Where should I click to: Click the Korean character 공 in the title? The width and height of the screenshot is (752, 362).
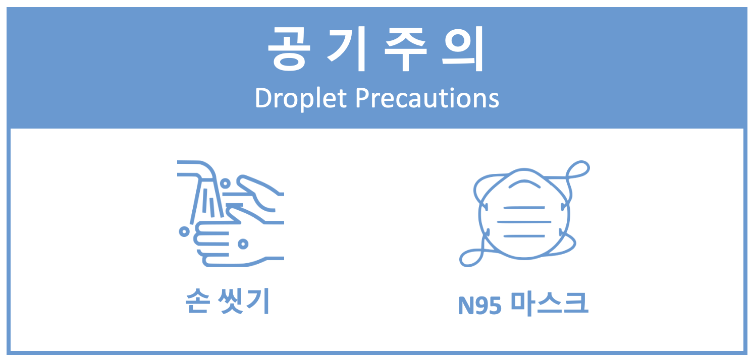point(289,49)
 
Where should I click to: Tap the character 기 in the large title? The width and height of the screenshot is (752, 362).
point(346,49)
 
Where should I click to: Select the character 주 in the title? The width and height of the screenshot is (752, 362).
point(406,49)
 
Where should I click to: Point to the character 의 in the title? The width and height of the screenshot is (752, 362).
point(463,49)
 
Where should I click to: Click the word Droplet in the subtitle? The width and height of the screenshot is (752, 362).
point(301,99)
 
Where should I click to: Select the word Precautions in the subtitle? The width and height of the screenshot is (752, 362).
point(427,98)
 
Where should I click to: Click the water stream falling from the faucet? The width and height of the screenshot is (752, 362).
point(207,201)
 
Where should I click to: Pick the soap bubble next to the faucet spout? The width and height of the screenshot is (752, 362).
point(225,184)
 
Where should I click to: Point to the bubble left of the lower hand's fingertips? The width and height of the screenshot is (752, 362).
point(184,231)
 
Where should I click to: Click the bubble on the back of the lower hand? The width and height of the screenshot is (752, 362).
point(243,244)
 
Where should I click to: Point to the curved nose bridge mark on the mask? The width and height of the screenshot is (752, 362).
point(524,184)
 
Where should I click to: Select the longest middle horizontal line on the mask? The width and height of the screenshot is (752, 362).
point(524,222)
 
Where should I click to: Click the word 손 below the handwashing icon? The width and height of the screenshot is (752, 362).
point(198,301)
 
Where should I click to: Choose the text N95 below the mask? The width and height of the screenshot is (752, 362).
point(480,306)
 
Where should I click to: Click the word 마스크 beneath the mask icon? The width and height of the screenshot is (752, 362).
point(549,304)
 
